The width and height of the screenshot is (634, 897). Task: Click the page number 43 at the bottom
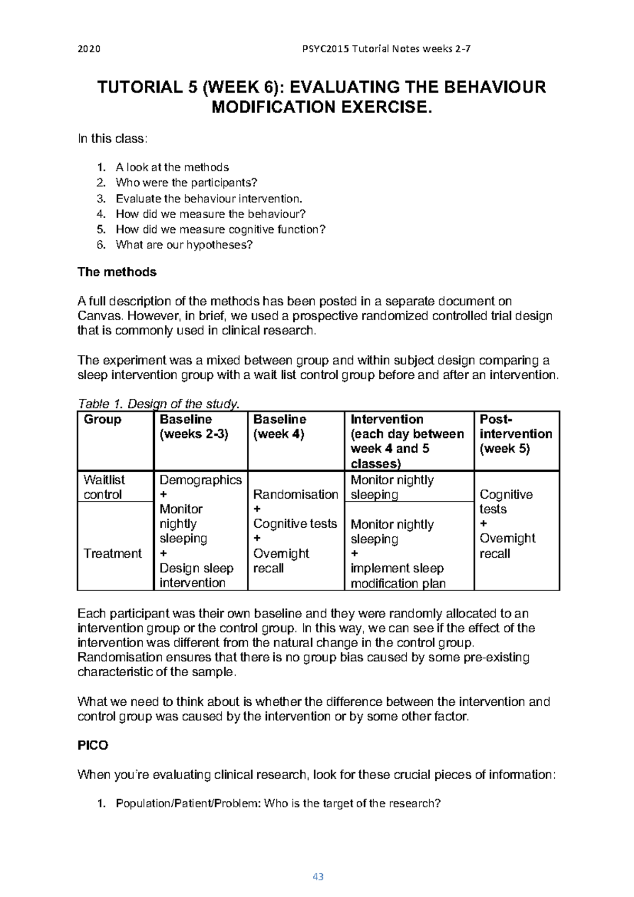click(318, 877)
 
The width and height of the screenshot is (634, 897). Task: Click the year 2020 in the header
click(89, 49)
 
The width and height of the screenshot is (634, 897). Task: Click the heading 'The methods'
click(117, 272)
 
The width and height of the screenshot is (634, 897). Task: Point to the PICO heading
click(92, 745)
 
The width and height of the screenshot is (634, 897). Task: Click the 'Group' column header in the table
click(102, 419)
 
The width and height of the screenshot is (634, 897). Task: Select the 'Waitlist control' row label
click(104, 487)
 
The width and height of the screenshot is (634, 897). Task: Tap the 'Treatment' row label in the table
click(113, 553)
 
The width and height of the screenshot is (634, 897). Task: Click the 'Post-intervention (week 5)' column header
click(515, 434)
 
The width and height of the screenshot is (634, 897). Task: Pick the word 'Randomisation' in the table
click(295, 494)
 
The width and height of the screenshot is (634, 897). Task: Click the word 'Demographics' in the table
click(200, 480)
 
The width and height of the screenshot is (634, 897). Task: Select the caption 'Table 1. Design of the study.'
click(158, 404)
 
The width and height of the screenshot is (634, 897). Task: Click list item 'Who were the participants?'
click(186, 183)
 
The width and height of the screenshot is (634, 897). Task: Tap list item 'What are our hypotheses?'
click(184, 245)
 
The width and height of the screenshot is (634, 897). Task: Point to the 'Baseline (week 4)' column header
click(279, 426)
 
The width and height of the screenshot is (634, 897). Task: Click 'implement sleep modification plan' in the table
click(397, 576)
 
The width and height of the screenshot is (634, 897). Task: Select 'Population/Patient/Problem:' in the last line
click(188, 803)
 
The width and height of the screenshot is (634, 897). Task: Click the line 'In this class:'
click(113, 139)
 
